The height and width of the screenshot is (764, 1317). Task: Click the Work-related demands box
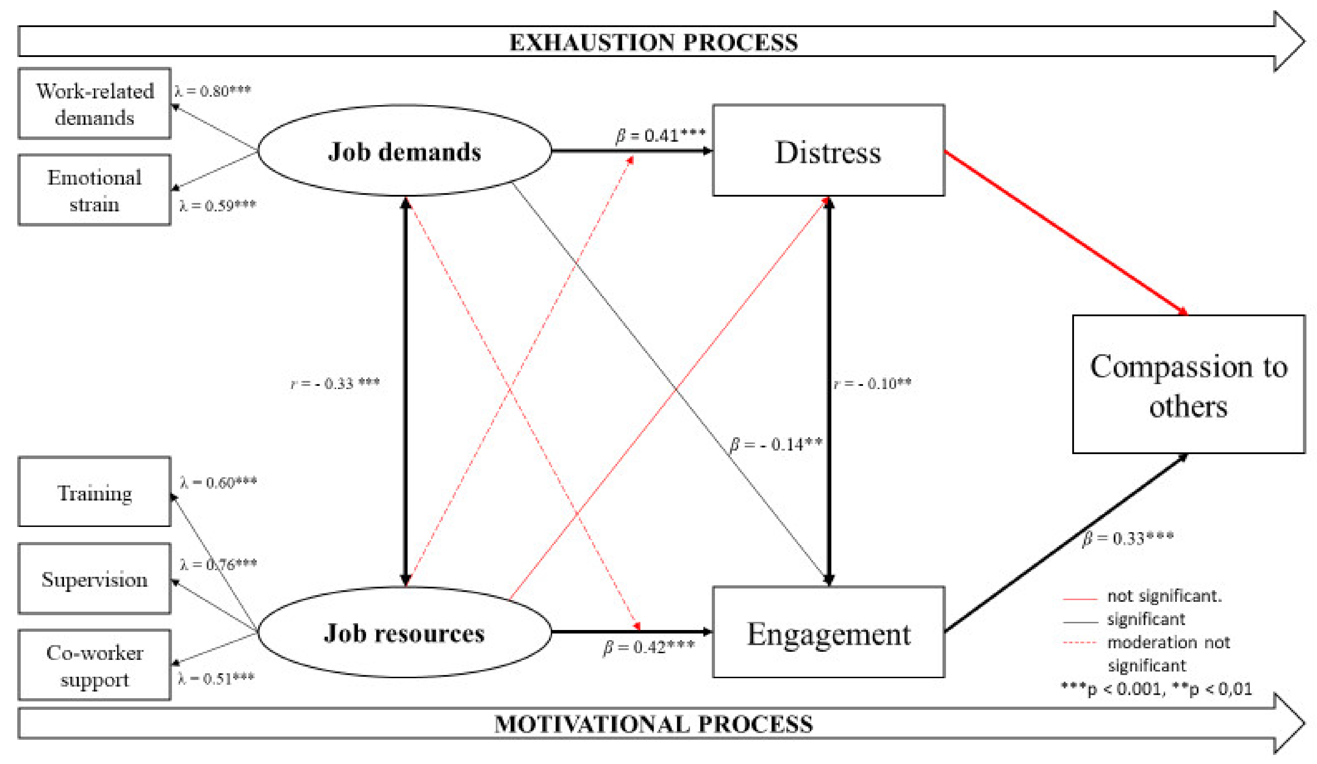tap(95, 103)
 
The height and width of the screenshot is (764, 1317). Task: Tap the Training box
tap(95, 492)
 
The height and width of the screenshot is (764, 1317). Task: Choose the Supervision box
tap(95, 579)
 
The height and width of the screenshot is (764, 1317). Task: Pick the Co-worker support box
tap(95, 665)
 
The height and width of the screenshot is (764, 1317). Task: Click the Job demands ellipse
tap(404, 151)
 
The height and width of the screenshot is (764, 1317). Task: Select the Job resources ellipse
tap(404, 632)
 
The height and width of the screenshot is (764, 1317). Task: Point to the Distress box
tap(828, 151)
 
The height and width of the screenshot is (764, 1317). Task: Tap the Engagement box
tap(828, 633)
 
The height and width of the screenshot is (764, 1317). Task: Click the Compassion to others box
tap(1188, 384)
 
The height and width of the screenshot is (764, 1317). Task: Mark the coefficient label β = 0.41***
tap(660, 135)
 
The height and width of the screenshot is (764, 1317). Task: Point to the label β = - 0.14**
tap(775, 444)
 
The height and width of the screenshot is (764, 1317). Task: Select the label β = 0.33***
tap(1128, 538)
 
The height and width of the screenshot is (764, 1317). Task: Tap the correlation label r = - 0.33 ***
tap(335, 383)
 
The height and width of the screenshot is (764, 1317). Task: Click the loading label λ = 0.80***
tap(213, 91)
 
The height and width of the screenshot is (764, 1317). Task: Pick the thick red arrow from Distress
tap(1066, 233)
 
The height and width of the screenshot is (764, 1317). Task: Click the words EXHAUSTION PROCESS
tap(653, 42)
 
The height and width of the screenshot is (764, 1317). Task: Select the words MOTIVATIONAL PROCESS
tap(653, 724)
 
